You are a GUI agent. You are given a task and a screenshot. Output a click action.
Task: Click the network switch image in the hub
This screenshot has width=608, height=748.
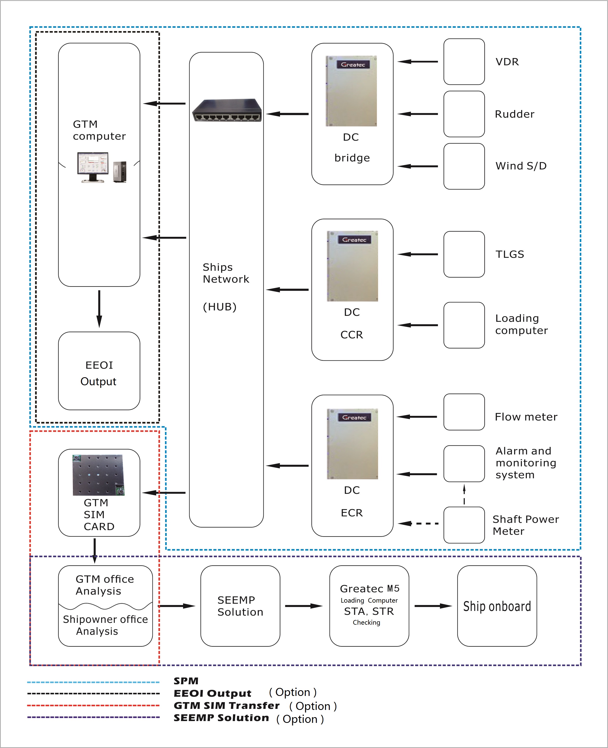pos(227,111)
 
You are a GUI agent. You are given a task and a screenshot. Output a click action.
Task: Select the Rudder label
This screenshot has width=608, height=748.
pos(514,114)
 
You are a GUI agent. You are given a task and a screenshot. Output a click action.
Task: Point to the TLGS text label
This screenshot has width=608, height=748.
pos(509,254)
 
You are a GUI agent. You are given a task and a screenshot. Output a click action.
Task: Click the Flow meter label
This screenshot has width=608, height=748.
pos(526,417)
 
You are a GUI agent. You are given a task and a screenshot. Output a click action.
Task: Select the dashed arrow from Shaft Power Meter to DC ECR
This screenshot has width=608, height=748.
pos(418,524)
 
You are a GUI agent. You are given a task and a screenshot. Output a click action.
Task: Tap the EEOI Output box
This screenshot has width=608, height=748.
pos(99,371)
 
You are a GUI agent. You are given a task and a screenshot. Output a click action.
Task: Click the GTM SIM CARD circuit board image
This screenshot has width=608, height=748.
pos(99,475)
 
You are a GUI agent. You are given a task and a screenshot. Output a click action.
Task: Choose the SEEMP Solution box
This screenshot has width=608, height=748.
pos(240,606)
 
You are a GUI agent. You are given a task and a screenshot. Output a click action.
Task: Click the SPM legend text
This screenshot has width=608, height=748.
pos(186,681)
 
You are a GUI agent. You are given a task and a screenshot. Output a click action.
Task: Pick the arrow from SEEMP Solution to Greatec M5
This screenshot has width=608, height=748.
pos(303,606)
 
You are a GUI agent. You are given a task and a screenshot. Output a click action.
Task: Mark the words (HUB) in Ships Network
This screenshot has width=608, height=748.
pos(220,307)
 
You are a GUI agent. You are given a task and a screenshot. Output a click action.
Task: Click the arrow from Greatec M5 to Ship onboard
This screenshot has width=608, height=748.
pos(433,606)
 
